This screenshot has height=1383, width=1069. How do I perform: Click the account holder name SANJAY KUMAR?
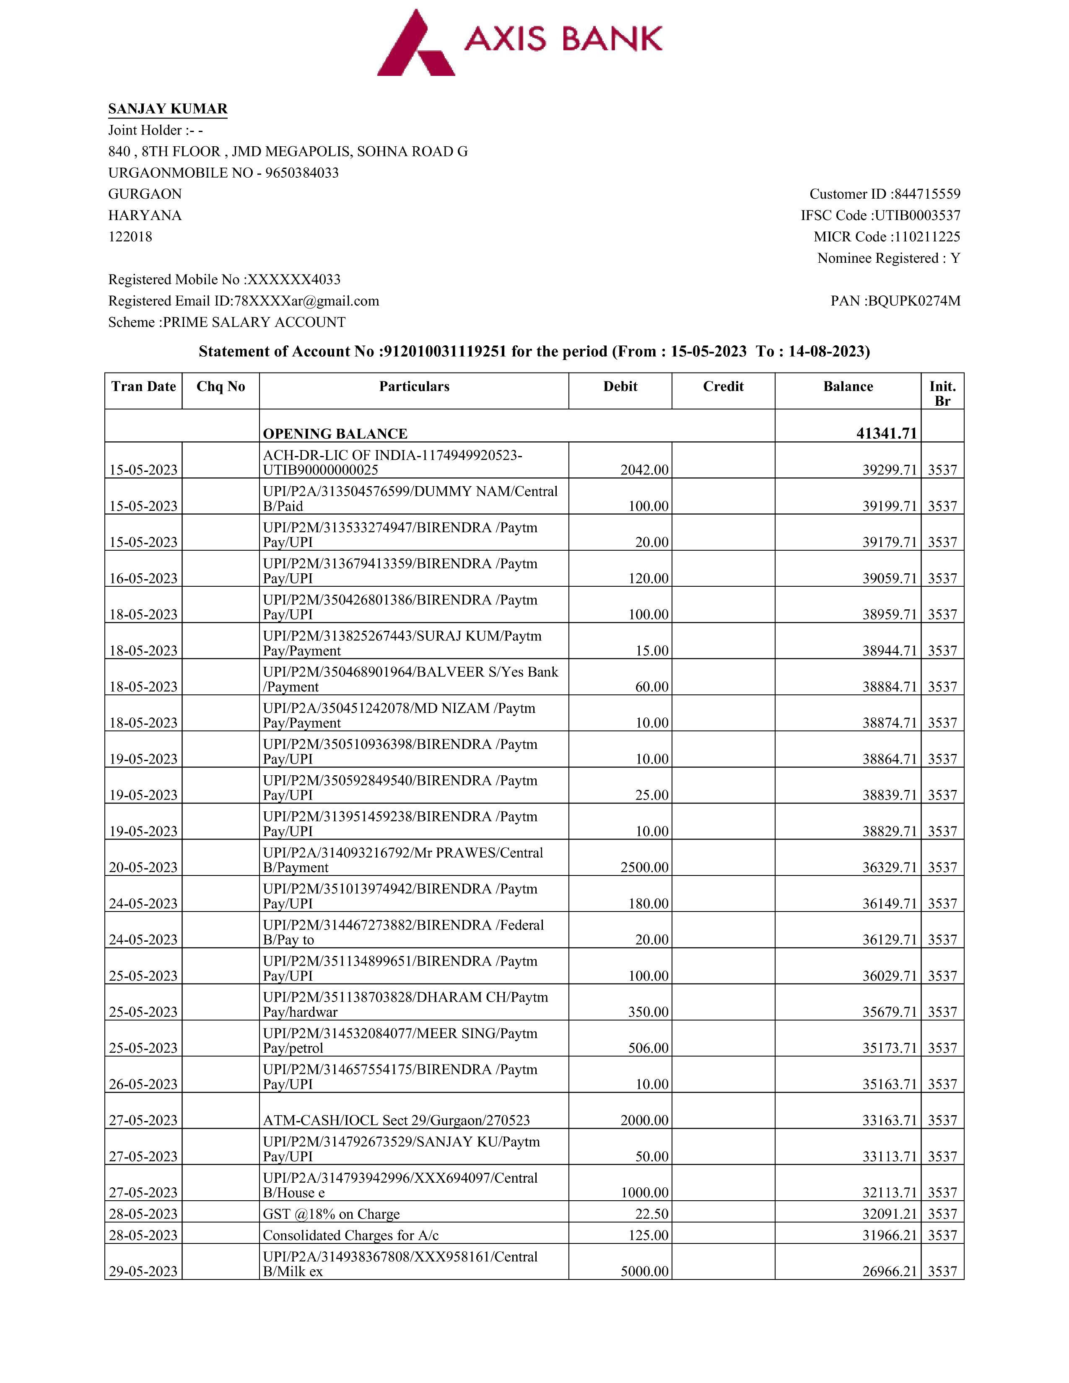point(168,109)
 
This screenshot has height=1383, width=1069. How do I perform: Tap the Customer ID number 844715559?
point(927,194)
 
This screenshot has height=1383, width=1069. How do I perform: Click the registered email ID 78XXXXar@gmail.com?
point(306,301)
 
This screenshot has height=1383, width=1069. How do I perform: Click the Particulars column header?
point(414,386)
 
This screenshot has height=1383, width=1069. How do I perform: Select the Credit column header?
point(723,386)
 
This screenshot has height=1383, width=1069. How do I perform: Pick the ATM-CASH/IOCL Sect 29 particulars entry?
point(397,1120)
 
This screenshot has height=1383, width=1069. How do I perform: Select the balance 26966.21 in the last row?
point(889,1272)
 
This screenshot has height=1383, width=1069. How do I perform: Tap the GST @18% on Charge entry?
point(331,1214)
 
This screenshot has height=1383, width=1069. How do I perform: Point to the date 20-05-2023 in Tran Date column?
point(144,868)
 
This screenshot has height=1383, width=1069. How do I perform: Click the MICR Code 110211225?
point(926,237)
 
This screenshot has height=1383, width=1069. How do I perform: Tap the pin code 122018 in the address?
point(130,237)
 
